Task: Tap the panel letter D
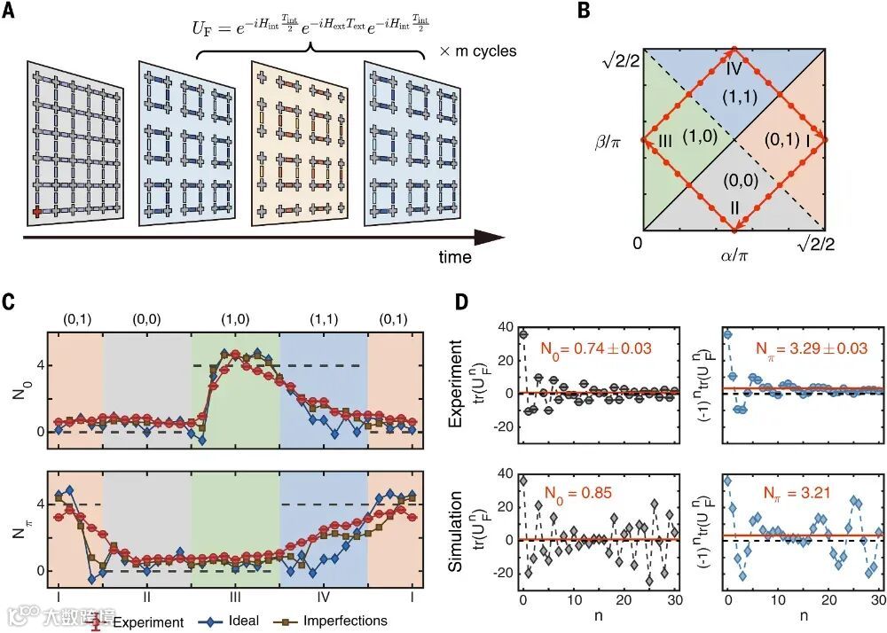pyautogui.click(x=462, y=301)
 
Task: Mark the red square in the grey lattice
pyautogui.click(x=38, y=212)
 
